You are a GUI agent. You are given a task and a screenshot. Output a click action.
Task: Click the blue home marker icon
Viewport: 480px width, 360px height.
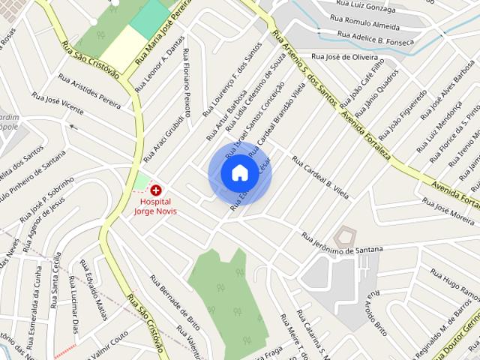[x=239, y=173]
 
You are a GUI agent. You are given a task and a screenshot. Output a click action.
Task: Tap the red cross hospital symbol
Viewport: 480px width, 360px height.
[x=156, y=190]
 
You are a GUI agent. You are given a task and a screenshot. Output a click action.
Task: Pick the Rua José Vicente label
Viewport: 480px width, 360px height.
[x=58, y=104]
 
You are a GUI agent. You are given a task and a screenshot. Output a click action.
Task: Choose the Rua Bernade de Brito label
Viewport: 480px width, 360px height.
[x=175, y=303]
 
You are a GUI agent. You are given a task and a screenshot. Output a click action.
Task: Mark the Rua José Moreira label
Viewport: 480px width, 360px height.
[x=448, y=211]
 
